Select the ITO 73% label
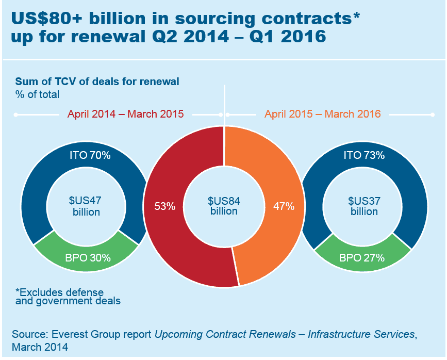364,155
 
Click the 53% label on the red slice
165,206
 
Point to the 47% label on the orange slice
284,206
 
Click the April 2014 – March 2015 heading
126,114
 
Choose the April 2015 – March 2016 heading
323,114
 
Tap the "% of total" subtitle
37,94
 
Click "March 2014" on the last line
40,347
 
